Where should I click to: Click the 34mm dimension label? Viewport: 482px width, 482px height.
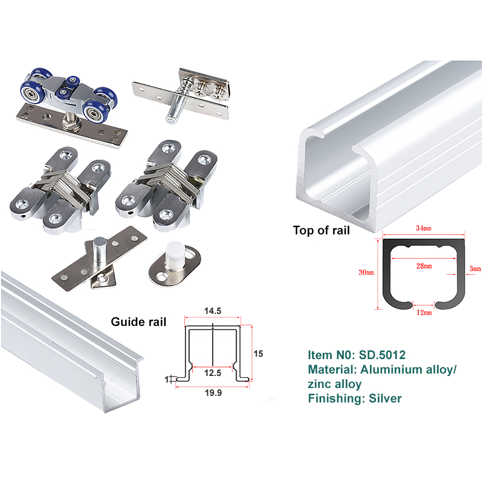click(x=424, y=228)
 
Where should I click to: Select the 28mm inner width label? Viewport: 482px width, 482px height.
click(x=424, y=266)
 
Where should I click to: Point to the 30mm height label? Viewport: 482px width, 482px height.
click(x=366, y=272)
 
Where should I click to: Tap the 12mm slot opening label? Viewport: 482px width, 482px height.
click(x=424, y=313)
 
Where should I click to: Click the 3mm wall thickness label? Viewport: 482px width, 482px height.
click(x=475, y=269)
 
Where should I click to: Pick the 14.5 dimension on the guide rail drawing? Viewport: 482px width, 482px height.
click(x=213, y=311)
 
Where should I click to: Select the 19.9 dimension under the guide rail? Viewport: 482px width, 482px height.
click(x=213, y=393)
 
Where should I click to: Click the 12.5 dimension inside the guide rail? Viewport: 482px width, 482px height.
click(x=213, y=373)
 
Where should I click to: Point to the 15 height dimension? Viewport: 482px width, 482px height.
click(x=258, y=354)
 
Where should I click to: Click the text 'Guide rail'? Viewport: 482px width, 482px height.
click(x=139, y=322)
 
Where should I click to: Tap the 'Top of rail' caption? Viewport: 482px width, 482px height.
click(x=321, y=230)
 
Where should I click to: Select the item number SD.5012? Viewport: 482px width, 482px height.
click(x=382, y=355)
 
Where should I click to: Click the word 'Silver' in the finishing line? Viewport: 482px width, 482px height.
click(x=385, y=398)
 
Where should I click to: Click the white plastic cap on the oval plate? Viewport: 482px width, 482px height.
click(x=175, y=253)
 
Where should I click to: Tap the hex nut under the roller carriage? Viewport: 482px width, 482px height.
click(x=71, y=125)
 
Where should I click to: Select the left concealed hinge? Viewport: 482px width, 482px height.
click(x=60, y=189)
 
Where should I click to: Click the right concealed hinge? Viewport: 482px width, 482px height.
click(x=166, y=185)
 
